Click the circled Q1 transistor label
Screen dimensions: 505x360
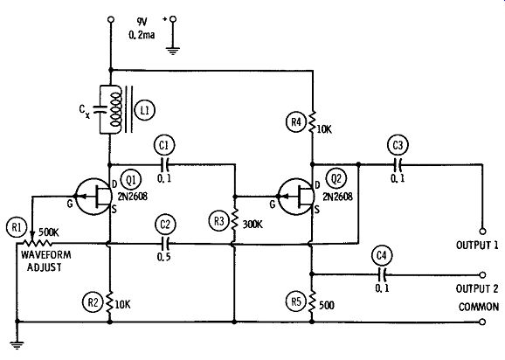tap(131, 180)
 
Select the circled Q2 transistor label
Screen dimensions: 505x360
tap(336, 178)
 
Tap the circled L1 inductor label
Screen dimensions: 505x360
tap(145, 110)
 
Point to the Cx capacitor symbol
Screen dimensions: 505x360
tap(100, 109)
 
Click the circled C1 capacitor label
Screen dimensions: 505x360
tap(164, 145)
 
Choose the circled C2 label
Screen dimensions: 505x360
tap(165, 224)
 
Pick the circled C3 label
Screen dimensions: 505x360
tap(398, 145)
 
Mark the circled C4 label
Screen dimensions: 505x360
tap(382, 255)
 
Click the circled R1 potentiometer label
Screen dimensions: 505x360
tap(17, 227)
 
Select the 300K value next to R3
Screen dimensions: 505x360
tap(252, 225)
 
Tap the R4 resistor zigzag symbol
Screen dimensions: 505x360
tap(312, 121)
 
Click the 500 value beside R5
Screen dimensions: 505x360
tap(326, 305)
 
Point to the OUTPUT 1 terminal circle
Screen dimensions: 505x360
tap(482, 232)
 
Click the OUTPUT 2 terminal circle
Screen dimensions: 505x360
tap(482, 275)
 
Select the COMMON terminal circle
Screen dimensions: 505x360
tap(482, 322)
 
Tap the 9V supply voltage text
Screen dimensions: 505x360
tap(142, 22)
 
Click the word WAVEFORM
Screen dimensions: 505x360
tap(46, 255)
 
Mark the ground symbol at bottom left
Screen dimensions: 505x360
tap(17, 345)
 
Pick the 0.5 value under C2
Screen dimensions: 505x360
tap(164, 257)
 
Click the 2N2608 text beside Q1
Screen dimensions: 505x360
tap(133, 196)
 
